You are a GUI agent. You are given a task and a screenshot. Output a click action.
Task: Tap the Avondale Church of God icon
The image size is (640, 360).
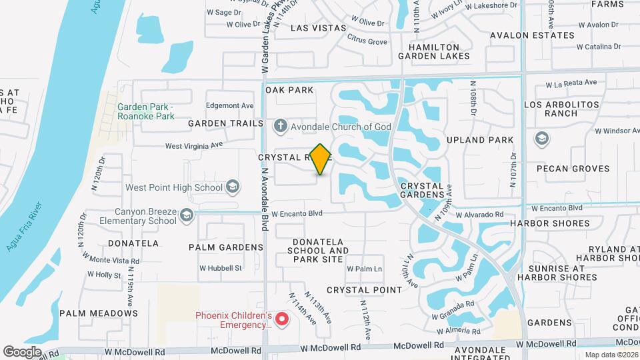click(x=281, y=125)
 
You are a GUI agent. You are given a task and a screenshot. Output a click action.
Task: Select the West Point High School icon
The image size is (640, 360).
click(x=232, y=187)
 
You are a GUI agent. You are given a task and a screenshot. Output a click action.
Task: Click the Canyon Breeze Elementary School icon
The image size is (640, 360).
click(x=187, y=215)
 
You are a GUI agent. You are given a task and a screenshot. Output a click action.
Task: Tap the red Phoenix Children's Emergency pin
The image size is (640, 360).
click(x=281, y=319)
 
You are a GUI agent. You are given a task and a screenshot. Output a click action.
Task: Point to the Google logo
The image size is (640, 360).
click(x=22, y=351)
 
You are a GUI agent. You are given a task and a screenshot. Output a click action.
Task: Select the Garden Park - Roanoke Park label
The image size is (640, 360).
click(x=145, y=111)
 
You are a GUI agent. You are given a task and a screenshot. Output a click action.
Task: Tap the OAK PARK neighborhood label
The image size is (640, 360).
click(x=289, y=89)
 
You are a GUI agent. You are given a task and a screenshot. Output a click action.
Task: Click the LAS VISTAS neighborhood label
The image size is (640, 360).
click(x=319, y=28)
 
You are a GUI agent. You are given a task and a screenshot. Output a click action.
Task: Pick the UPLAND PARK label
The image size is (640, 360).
click(x=489, y=140)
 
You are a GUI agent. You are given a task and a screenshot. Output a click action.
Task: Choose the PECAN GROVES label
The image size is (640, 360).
click(x=564, y=169)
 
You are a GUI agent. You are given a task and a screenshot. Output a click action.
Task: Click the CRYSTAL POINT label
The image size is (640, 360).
click(x=364, y=290)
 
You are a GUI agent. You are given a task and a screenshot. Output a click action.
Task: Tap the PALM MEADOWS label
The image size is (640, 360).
click(x=99, y=313)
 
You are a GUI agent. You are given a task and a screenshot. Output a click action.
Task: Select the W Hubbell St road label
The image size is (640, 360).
click(x=220, y=268)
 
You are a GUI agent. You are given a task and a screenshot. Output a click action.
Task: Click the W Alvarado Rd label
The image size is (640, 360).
click(x=481, y=215)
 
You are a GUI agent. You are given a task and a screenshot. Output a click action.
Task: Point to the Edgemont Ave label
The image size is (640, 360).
click(x=230, y=105)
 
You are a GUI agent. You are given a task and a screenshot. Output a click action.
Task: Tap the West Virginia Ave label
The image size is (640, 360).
click(x=194, y=145)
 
